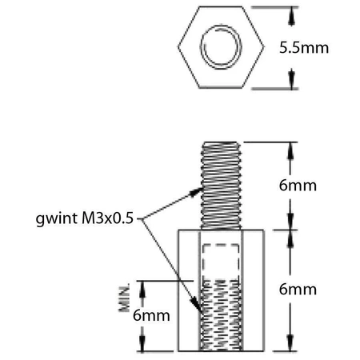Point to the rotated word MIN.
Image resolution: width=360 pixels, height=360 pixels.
[126, 298]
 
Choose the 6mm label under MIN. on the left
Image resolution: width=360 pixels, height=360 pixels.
[151, 315]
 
